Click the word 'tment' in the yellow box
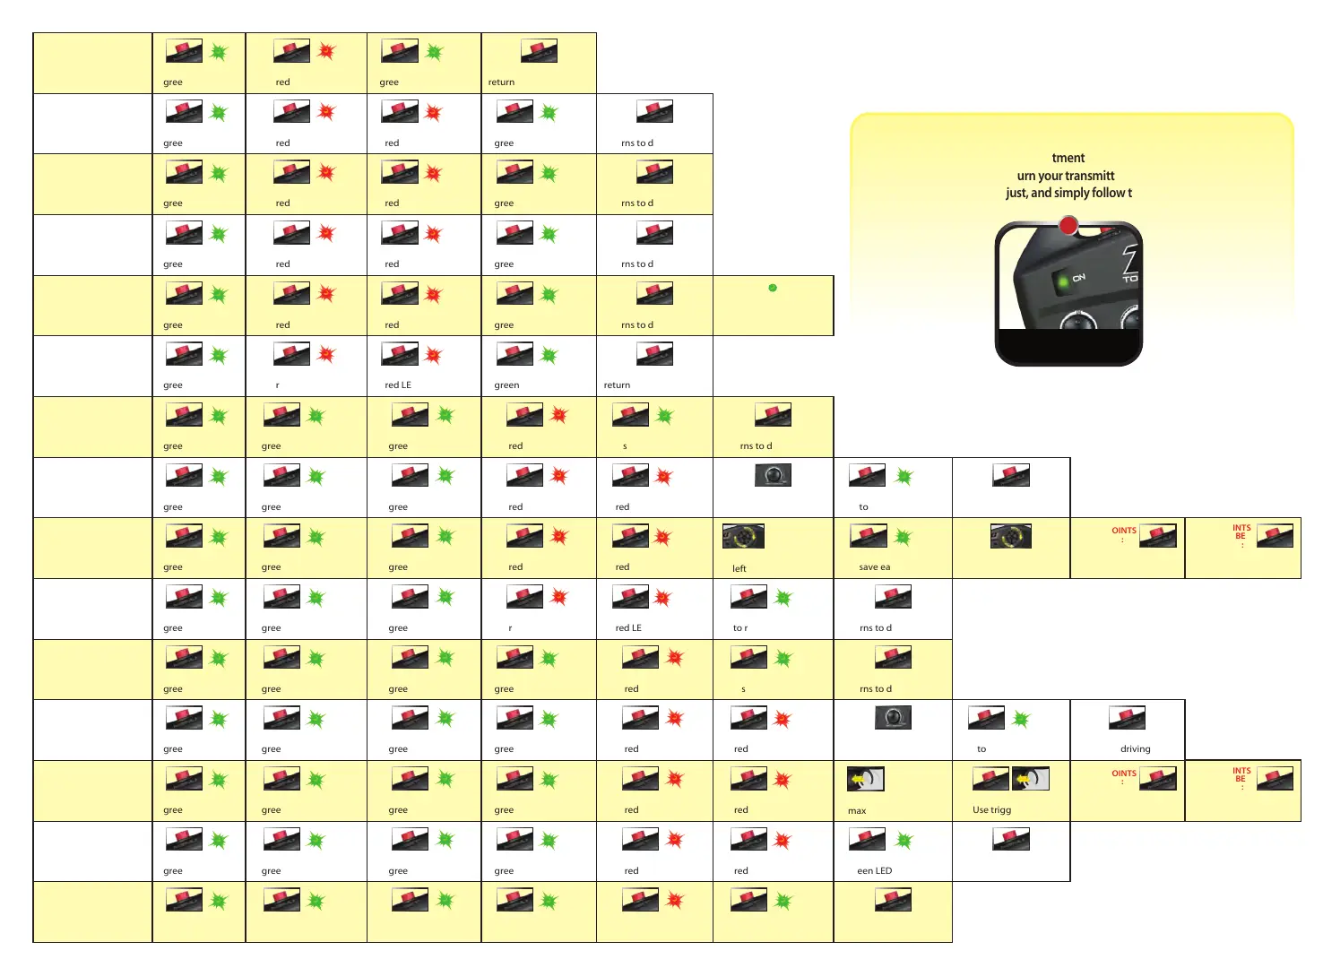tap(1068, 158)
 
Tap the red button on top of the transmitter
tap(1068, 225)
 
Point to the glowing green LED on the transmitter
tap(1063, 281)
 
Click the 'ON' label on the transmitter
tap(1078, 278)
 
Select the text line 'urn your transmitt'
tap(1066, 176)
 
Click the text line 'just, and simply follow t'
tap(1068, 193)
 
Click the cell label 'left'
tap(739, 568)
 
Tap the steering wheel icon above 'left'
tap(743, 536)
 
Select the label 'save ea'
tap(874, 566)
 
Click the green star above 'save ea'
tap(904, 537)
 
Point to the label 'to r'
tap(739, 627)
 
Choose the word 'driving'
tap(1135, 749)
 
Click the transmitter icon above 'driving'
tap(1127, 718)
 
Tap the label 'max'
tap(857, 810)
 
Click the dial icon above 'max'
tap(866, 779)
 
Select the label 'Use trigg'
tap(991, 809)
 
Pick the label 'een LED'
tap(874, 870)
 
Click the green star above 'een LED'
tap(904, 841)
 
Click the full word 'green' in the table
tap(506, 385)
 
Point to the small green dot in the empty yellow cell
tap(773, 288)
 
